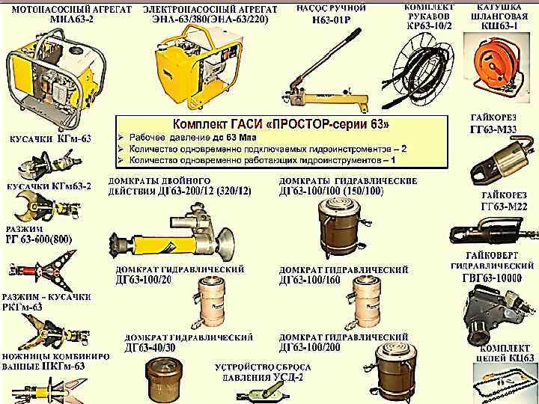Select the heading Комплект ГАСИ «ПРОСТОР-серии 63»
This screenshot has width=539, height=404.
pos(281,123)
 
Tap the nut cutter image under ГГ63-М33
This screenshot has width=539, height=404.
pos(494,160)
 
